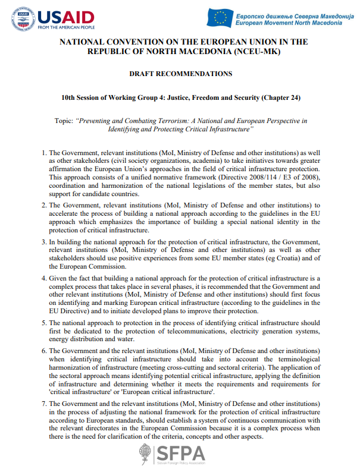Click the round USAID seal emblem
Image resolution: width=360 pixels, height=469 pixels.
tap(23, 19)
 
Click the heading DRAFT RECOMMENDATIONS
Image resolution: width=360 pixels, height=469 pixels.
tap(180, 74)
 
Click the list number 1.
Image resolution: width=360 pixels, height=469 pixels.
tap(44, 153)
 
